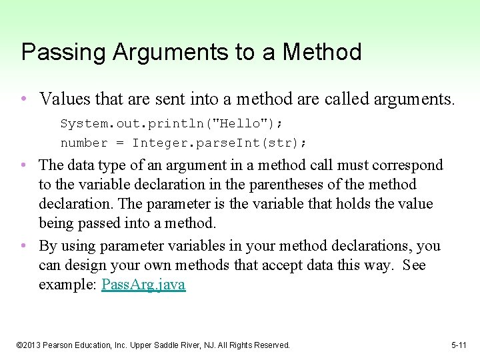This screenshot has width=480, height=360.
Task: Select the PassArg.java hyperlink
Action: (x=143, y=285)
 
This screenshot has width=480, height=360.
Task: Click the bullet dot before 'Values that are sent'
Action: (x=23, y=100)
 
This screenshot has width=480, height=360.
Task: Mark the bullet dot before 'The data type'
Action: (x=23, y=165)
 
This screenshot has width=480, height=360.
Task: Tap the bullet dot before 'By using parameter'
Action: (x=23, y=247)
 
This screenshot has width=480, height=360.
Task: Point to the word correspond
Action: (x=407, y=165)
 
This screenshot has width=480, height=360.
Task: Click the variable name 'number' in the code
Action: (x=84, y=143)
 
